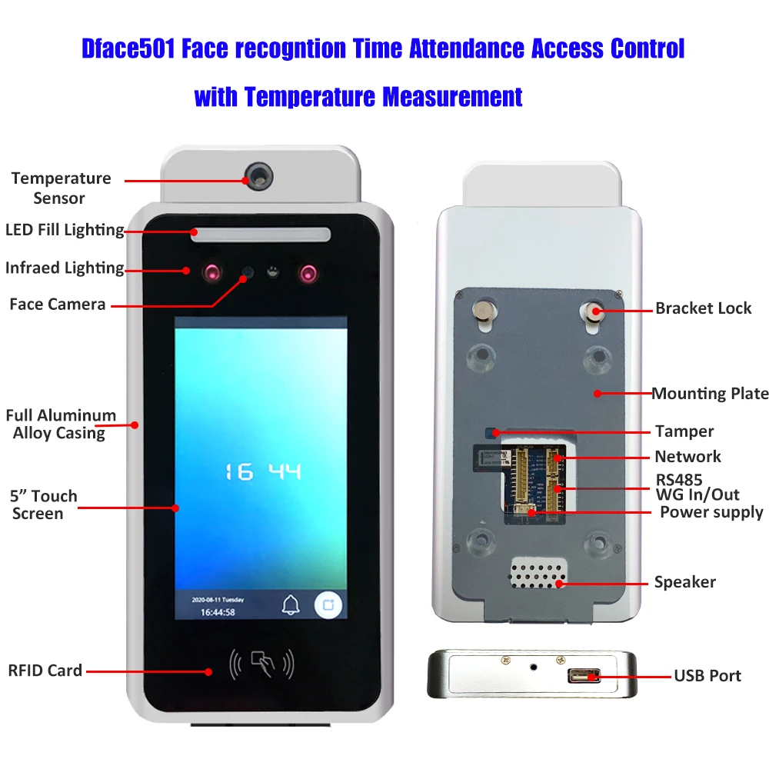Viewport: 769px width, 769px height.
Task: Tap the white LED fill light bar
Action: click(x=261, y=235)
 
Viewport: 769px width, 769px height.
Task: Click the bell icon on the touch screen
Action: click(x=291, y=605)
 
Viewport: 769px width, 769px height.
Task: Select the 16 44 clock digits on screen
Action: click(x=262, y=471)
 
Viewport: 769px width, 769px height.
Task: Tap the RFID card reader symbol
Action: click(x=262, y=663)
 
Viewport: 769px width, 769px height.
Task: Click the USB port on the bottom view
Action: click(x=584, y=676)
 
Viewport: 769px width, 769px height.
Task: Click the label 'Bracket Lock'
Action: click(x=703, y=308)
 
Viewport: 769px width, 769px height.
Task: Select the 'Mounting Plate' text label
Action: click(x=710, y=394)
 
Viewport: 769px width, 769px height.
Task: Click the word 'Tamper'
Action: click(x=684, y=431)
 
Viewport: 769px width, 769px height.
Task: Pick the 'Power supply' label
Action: click(x=711, y=512)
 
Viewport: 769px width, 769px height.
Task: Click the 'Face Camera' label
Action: click(x=58, y=305)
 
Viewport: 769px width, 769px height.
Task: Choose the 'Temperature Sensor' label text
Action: click(x=61, y=188)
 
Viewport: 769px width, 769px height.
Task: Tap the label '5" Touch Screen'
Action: click(x=43, y=504)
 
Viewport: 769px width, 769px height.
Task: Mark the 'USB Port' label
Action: click(x=707, y=676)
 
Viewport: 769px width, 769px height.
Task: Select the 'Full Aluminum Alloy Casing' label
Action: click(x=60, y=424)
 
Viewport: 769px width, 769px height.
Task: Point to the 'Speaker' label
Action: click(x=684, y=582)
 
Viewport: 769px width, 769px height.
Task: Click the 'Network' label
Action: click(x=687, y=457)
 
